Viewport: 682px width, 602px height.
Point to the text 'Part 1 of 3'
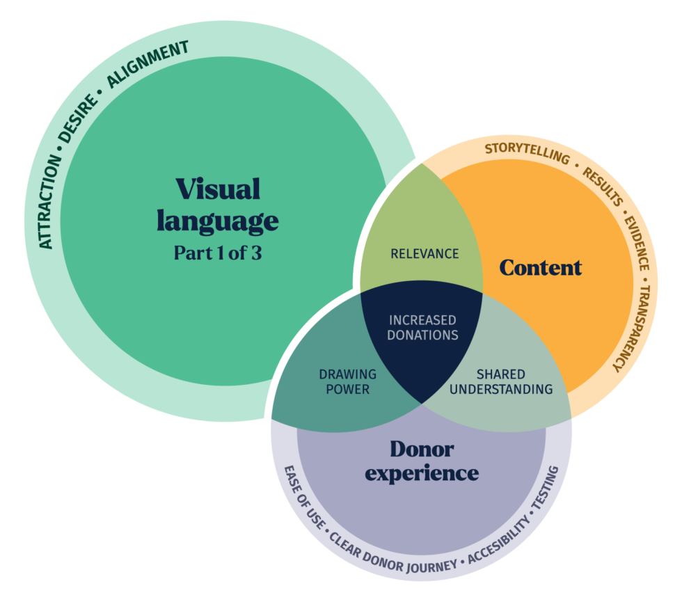(x=217, y=253)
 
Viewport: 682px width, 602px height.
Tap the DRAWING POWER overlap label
(x=347, y=382)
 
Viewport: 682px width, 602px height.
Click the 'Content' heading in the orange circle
(x=540, y=267)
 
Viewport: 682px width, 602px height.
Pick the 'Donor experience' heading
(x=422, y=461)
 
